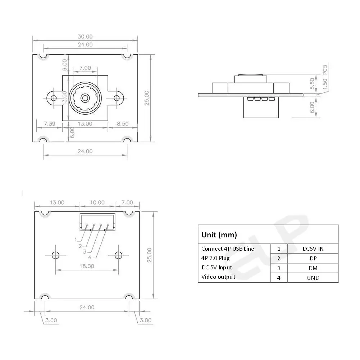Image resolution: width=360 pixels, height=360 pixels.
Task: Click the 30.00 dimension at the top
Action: [x=85, y=37]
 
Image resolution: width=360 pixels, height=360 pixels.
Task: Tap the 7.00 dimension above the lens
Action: [x=85, y=68]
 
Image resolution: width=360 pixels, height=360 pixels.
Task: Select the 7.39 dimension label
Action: [x=50, y=123]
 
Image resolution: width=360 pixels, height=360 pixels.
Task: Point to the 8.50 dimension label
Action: [x=123, y=123]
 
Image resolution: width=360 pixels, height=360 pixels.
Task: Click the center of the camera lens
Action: [x=85, y=98]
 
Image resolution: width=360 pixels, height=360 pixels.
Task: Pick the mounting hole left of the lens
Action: [x=54, y=98]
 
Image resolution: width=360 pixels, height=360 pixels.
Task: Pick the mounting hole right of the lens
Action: [x=117, y=98]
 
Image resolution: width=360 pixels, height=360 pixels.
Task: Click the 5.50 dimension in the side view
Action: [x=312, y=83]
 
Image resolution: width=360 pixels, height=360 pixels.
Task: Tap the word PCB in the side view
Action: [x=325, y=70]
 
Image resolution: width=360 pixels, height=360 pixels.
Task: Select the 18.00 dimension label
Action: [x=87, y=266]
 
